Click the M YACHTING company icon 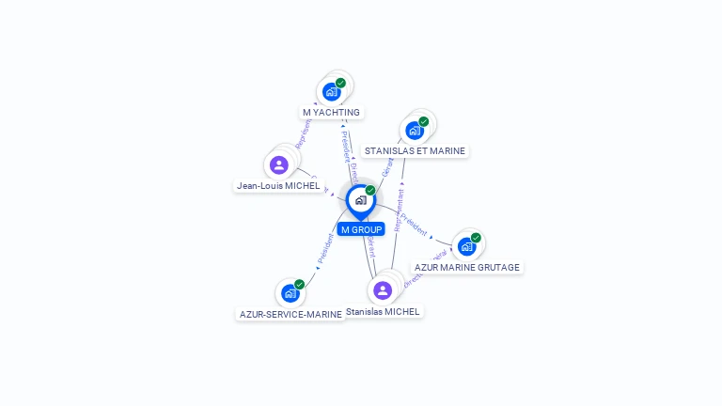pyautogui.click(x=331, y=92)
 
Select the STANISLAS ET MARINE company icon pyautogui.click(x=414, y=131)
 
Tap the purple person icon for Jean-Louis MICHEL pyautogui.click(x=278, y=165)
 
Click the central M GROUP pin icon pyautogui.click(x=359, y=200)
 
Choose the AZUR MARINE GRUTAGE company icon pyautogui.click(x=467, y=247)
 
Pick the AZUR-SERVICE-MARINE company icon pyautogui.click(x=290, y=293)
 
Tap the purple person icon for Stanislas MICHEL pyautogui.click(x=382, y=290)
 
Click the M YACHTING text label pyautogui.click(x=331, y=112)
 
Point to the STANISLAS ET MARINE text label pyautogui.click(x=415, y=150)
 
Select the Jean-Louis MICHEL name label pyautogui.click(x=278, y=186)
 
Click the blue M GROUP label pyautogui.click(x=361, y=229)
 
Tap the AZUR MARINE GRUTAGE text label pyautogui.click(x=467, y=267)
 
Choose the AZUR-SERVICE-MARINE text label pyautogui.click(x=290, y=314)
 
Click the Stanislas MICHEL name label pyautogui.click(x=384, y=311)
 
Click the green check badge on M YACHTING pyautogui.click(x=340, y=83)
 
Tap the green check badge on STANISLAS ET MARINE pyautogui.click(x=424, y=121)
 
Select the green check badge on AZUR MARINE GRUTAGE pyautogui.click(x=476, y=238)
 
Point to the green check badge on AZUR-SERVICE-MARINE pyautogui.click(x=299, y=284)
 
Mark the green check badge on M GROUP pyautogui.click(x=370, y=190)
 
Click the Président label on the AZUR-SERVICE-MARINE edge pyautogui.click(x=324, y=248)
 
